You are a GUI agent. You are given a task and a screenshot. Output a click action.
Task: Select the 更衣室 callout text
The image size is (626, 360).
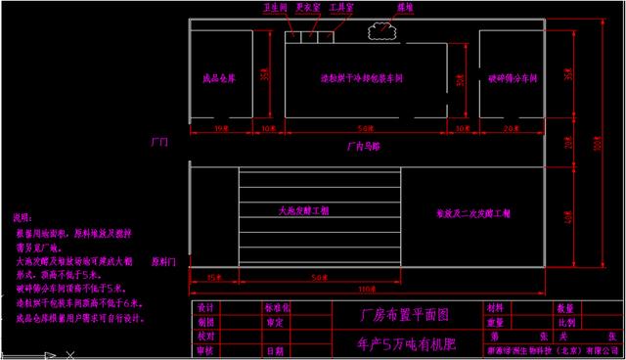click(308, 7)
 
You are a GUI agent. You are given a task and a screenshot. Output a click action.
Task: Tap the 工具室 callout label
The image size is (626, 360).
click(341, 7)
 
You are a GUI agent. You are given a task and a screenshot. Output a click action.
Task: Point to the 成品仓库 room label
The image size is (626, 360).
click(218, 77)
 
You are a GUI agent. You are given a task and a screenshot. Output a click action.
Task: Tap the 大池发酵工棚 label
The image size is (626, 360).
click(301, 210)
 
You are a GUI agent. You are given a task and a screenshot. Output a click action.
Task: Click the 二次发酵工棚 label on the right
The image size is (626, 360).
click(463, 212)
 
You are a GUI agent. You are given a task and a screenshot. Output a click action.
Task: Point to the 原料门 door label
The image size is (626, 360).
click(162, 262)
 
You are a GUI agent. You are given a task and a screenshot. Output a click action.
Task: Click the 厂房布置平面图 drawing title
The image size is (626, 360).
click(391, 315)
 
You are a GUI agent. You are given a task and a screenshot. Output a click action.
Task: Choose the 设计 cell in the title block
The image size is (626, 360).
click(205, 307)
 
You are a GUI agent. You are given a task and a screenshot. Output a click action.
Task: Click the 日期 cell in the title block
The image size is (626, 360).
click(275, 349)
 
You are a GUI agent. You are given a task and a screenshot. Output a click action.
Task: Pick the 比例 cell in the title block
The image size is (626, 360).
click(564, 321)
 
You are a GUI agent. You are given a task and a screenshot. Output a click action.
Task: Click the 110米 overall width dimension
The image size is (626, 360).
click(366, 290)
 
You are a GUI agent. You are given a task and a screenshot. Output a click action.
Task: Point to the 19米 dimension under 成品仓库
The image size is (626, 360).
click(219, 128)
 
